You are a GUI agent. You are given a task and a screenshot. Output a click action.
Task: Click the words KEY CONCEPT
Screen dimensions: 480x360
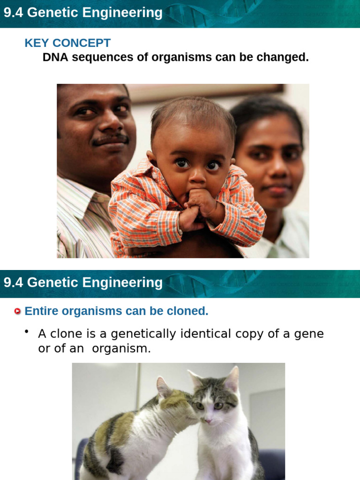(x=67, y=43)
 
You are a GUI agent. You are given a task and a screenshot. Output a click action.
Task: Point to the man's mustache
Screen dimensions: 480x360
(x=110, y=140)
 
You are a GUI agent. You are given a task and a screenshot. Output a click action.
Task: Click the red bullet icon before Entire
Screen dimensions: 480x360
(x=18, y=311)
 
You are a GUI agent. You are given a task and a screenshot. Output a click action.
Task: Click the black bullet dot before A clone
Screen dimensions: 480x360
(x=27, y=332)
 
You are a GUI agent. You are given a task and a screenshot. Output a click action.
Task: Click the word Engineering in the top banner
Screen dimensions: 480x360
(x=123, y=13)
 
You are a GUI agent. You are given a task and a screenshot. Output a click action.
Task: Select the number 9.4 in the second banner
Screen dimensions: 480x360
(x=14, y=283)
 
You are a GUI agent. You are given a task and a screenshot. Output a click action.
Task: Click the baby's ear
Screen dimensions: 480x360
(x=150, y=157)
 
